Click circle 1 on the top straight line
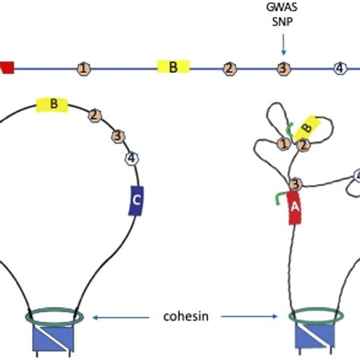pos(83,68)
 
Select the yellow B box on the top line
pos(173,67)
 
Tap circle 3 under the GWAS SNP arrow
pos(283,68)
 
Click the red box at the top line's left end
pos(6,68)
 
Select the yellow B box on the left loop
pos(52,103)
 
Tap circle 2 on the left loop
pos(94,115)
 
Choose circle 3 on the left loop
pos(118,137)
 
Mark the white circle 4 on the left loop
pos(131,158)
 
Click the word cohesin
pos(186,314)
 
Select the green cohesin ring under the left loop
pos(55,314)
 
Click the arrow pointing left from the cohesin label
pos(122,314)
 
